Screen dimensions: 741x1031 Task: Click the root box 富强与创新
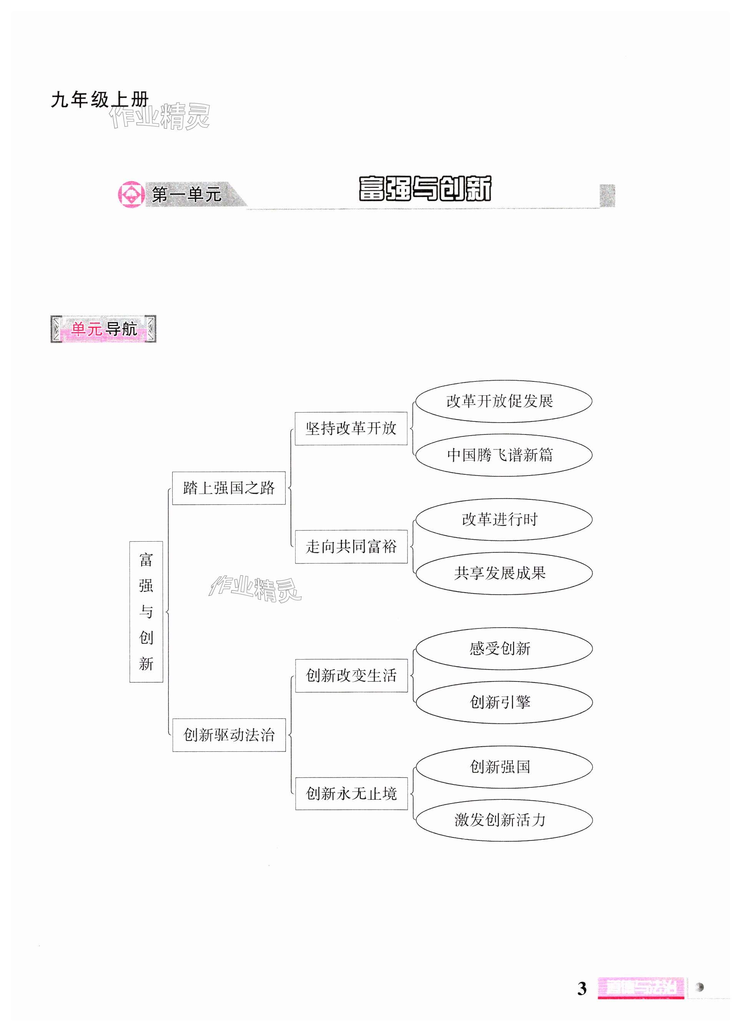point(146,612)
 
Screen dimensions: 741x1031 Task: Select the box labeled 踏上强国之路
point(229,488)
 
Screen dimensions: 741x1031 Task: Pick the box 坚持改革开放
point(351,428)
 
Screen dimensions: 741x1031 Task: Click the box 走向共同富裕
point(351,546)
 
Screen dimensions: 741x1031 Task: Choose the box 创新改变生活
point(351,676)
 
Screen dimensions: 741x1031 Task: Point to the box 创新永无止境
point(351,794)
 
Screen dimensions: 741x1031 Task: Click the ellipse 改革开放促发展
point(503,401)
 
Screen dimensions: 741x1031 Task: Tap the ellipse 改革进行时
point(503,519)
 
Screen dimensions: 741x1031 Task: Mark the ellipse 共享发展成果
point(503,573)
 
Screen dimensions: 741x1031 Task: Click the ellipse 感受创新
point(503,648)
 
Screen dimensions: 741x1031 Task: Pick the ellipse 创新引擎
point(503,702)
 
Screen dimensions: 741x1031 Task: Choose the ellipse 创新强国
point(503,767)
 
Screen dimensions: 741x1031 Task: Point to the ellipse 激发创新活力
point(503,820)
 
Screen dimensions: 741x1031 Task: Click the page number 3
point(582,989)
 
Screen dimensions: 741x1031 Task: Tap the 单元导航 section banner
point(103,329)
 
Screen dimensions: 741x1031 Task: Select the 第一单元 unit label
point(186,195)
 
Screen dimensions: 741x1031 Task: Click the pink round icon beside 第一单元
point(131,195)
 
